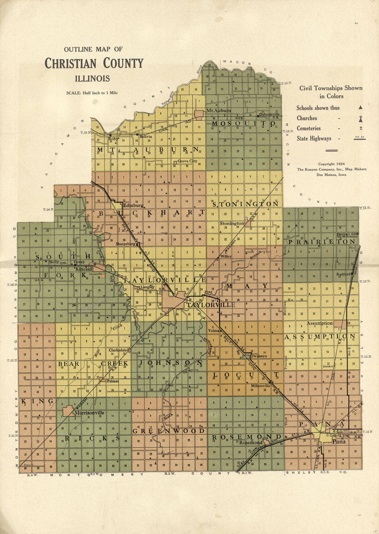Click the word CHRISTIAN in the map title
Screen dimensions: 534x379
tap(71, 63)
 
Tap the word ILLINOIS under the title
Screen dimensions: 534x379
tap(92, 79)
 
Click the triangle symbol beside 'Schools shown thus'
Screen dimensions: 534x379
tap(360, 108)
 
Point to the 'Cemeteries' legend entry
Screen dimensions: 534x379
tap(309, 128)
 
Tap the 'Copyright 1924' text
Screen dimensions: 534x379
tap(331, 164)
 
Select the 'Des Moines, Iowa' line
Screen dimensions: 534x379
tap(331, 174)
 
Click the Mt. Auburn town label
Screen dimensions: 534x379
tap(218, 111)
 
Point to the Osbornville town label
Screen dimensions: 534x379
tap(269, 114)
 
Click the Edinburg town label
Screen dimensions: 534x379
tap(133, 205)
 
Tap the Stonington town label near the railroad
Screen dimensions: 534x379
tap(232, 223)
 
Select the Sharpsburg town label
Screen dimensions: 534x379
tap(125, 244)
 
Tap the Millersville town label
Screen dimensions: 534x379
tap(260, 386)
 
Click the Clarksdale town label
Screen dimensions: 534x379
tap(118, 350)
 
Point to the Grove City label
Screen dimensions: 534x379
tap(187, 161)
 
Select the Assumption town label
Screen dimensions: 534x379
tap(320, 323)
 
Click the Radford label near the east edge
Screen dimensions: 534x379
tap(343, 274)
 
